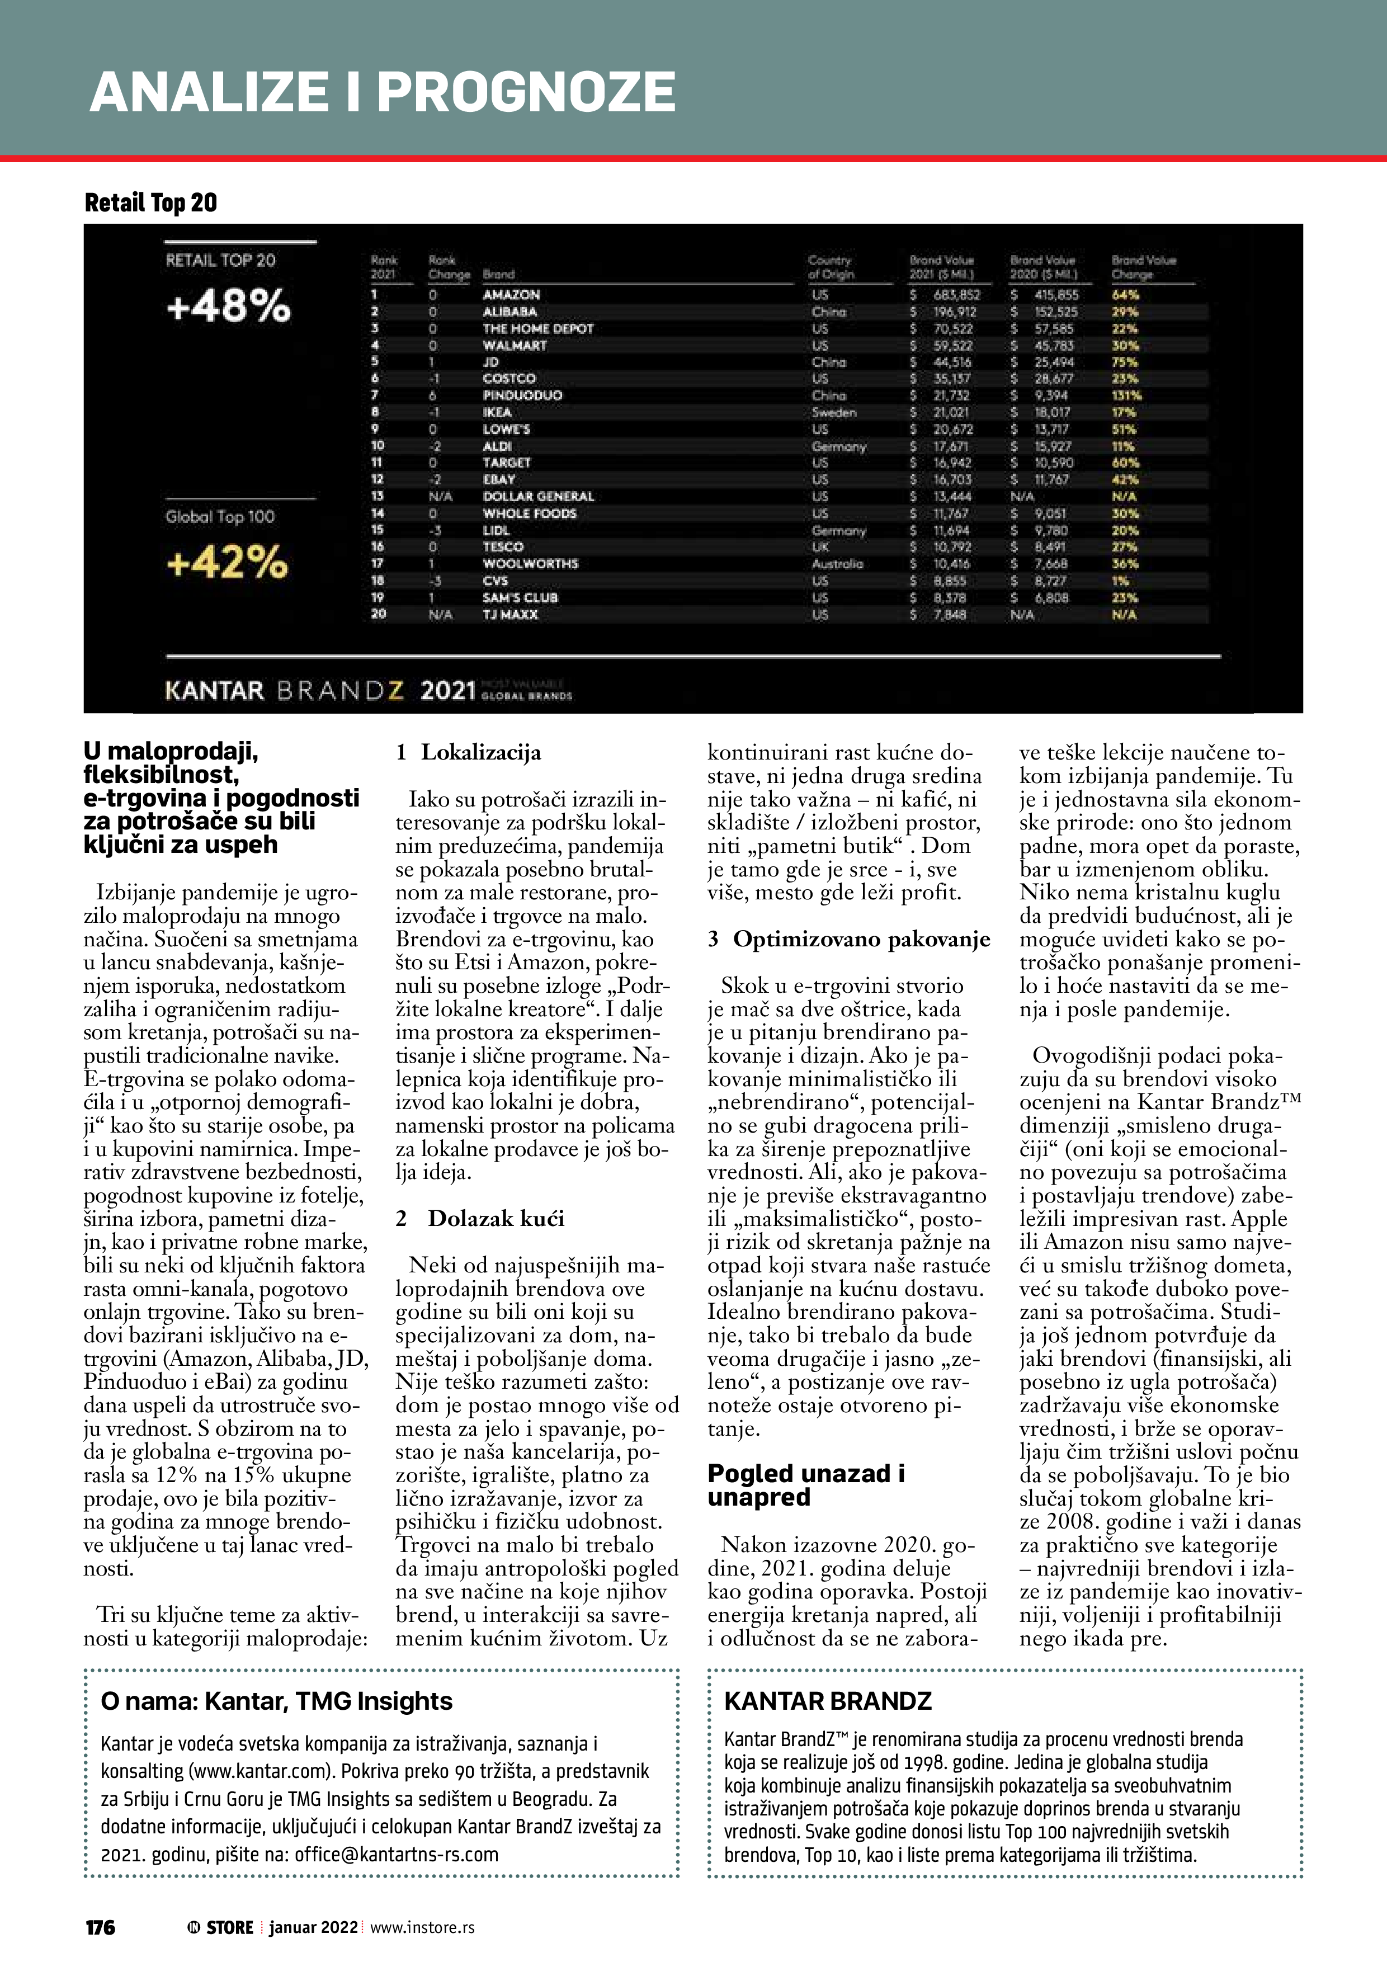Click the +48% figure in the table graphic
[x=228, y=305]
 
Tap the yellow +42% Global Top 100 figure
[x=227, y=562]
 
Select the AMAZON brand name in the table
[x=511, y=295]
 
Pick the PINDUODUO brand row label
[x=522, y=395]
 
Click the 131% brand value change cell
[x=1126, y=395]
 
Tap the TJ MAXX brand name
[x=510, y=615]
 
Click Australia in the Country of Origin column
[x=837, y=564]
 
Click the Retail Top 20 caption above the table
[x=150, y=202]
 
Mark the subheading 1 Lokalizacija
[x=468, y=753]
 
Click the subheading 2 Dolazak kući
[x=480, y=1219]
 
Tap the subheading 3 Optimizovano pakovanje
[x=848, y=939]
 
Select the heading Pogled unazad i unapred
[x=806, y=1485]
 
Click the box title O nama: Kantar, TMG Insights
[x=276, y=1701]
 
